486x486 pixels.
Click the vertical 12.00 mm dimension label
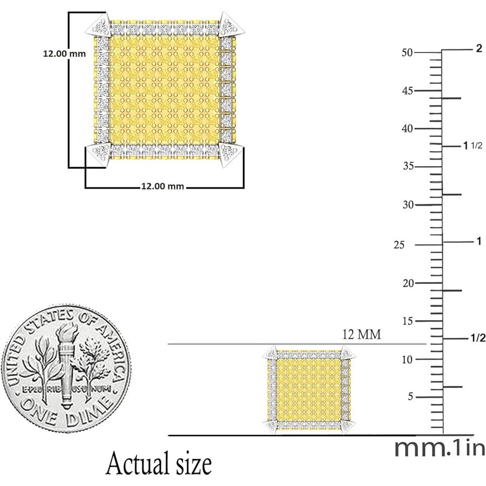click(64, 53)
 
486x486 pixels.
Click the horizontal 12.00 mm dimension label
click(163, 186)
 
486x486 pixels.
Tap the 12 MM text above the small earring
click(361, 334)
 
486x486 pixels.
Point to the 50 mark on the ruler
click(407, 52)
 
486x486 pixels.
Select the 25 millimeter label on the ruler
click(399, 245)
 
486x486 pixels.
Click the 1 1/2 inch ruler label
click(473, 145)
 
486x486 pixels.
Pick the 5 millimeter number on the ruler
click(410, 396)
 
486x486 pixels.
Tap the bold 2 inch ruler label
click(479, 49)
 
